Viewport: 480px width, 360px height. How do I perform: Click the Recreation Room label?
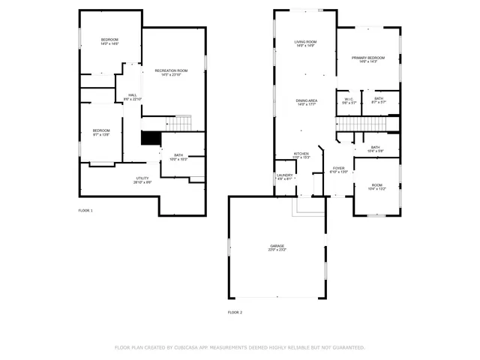(x=171, y=72)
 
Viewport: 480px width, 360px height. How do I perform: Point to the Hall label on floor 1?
(x=132, y=97)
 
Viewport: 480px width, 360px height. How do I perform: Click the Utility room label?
(x=142, y=180)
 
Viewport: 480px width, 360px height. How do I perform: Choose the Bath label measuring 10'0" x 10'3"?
(x=178, y=157)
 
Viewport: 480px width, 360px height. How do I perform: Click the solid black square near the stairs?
(x=151, y=139)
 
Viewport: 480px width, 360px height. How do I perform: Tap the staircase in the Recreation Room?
(x=184, y=123)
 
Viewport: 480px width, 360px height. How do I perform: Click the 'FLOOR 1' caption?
(x=85, y=211)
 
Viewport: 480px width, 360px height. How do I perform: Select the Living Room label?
(x=304, y=43)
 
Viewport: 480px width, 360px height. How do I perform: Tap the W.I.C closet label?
(x=349, y=100)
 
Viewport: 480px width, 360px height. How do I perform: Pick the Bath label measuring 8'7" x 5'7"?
(x=379, y=100)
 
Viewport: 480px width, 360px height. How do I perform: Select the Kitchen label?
(x=301, y=155)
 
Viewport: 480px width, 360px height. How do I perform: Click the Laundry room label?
(x=284, y=177)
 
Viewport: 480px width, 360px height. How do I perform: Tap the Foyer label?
(x=339, y=169)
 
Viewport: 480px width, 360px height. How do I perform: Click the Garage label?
(x=277, y=247)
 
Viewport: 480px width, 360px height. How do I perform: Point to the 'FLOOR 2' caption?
(x=235, y=311)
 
